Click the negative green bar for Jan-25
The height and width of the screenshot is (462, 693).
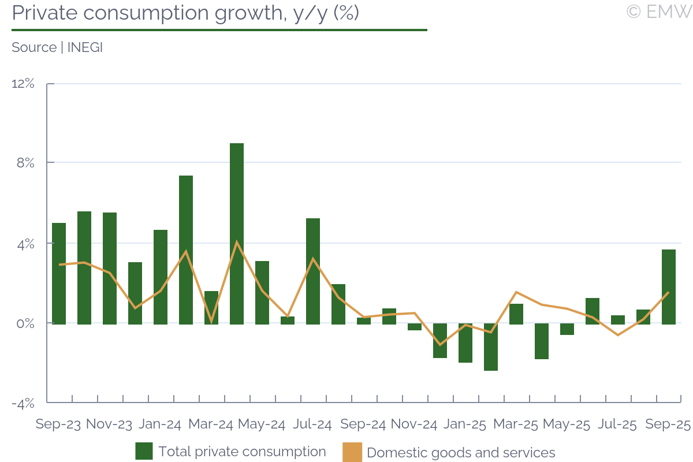[x=465, y=343]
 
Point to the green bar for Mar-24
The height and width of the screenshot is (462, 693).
[x=211, y=307]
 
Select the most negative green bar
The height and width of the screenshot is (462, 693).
[x=491, y=347]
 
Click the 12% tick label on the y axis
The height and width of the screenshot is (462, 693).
[x=23, y=84]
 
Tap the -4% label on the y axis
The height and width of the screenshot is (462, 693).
[x=23, y=403]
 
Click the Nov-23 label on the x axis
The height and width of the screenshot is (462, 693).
[x=109, y=424]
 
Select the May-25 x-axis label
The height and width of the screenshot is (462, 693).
[x=567, y=424]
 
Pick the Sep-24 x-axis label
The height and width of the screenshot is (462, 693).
[x=363, y=424]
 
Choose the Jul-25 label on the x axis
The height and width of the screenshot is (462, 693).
[x=617, y=424]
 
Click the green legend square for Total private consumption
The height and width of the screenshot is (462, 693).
[x=144, y=451]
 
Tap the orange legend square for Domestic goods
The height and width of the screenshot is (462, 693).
[x=352, y=452]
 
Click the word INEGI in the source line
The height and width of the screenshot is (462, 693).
[x=85, y=47]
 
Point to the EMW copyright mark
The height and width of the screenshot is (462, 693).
[x=658, y=12]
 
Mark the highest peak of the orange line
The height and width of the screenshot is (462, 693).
[x=237, y=241]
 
